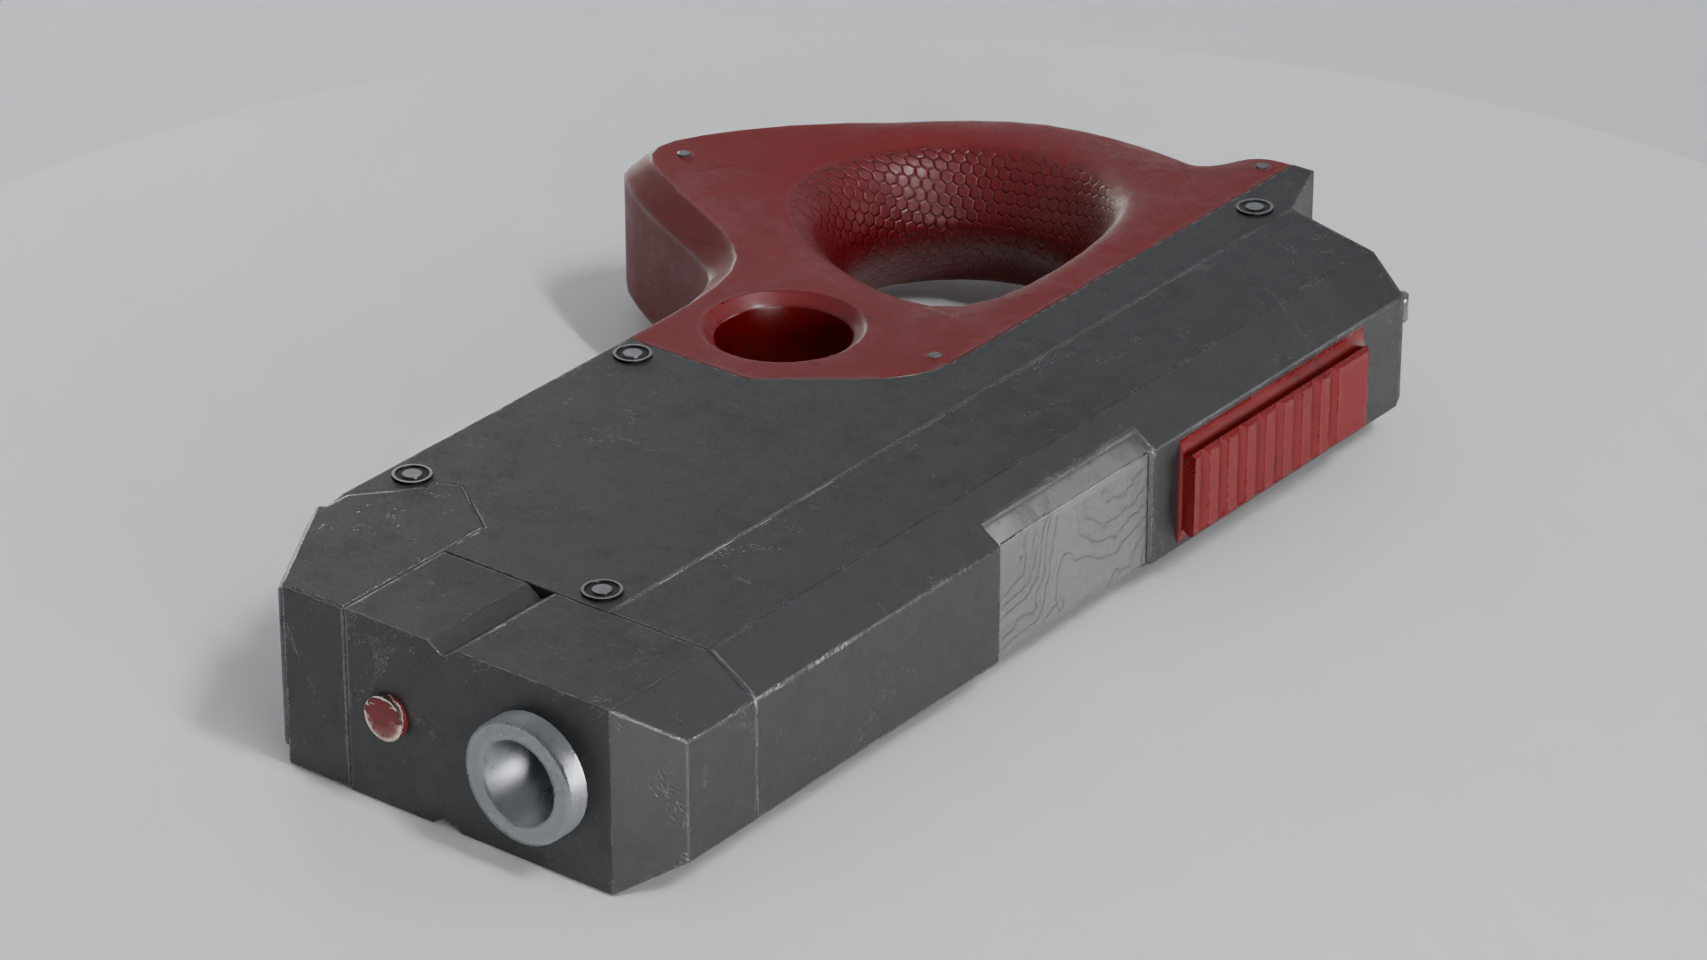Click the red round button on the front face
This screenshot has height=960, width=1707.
(x=385, y=717)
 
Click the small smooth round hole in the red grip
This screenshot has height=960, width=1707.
(x=783, y=331)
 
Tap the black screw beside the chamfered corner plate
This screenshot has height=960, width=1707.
(x=412, y=474)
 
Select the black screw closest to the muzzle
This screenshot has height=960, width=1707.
(x=599, y=590)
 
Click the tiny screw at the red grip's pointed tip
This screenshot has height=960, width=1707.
(x=683, y=155)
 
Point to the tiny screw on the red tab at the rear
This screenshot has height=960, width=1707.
(x=1259, y=165)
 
